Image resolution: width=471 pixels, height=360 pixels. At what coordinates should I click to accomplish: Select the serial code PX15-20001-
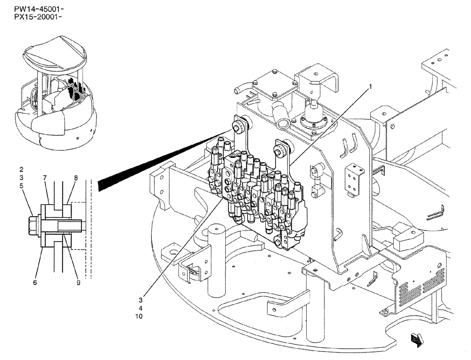pos(32,17)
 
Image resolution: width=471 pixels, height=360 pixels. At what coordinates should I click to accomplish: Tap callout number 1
pos(371,87)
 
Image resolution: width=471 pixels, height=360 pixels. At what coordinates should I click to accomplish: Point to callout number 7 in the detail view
pos(45,178)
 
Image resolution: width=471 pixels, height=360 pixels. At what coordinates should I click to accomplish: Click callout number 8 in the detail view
pos(75,178)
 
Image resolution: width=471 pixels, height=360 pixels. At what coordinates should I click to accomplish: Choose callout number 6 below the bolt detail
pos(35,282)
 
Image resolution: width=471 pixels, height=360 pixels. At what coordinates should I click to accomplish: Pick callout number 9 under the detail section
pos(78,282)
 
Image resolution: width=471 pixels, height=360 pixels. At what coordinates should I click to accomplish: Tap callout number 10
pos(138,316)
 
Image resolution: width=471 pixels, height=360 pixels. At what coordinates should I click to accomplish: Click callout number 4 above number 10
pos(140,308)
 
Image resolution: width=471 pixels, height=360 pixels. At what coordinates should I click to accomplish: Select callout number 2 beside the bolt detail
pos(22,169)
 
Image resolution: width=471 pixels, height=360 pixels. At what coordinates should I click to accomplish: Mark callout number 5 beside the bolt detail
pos(22,186)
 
